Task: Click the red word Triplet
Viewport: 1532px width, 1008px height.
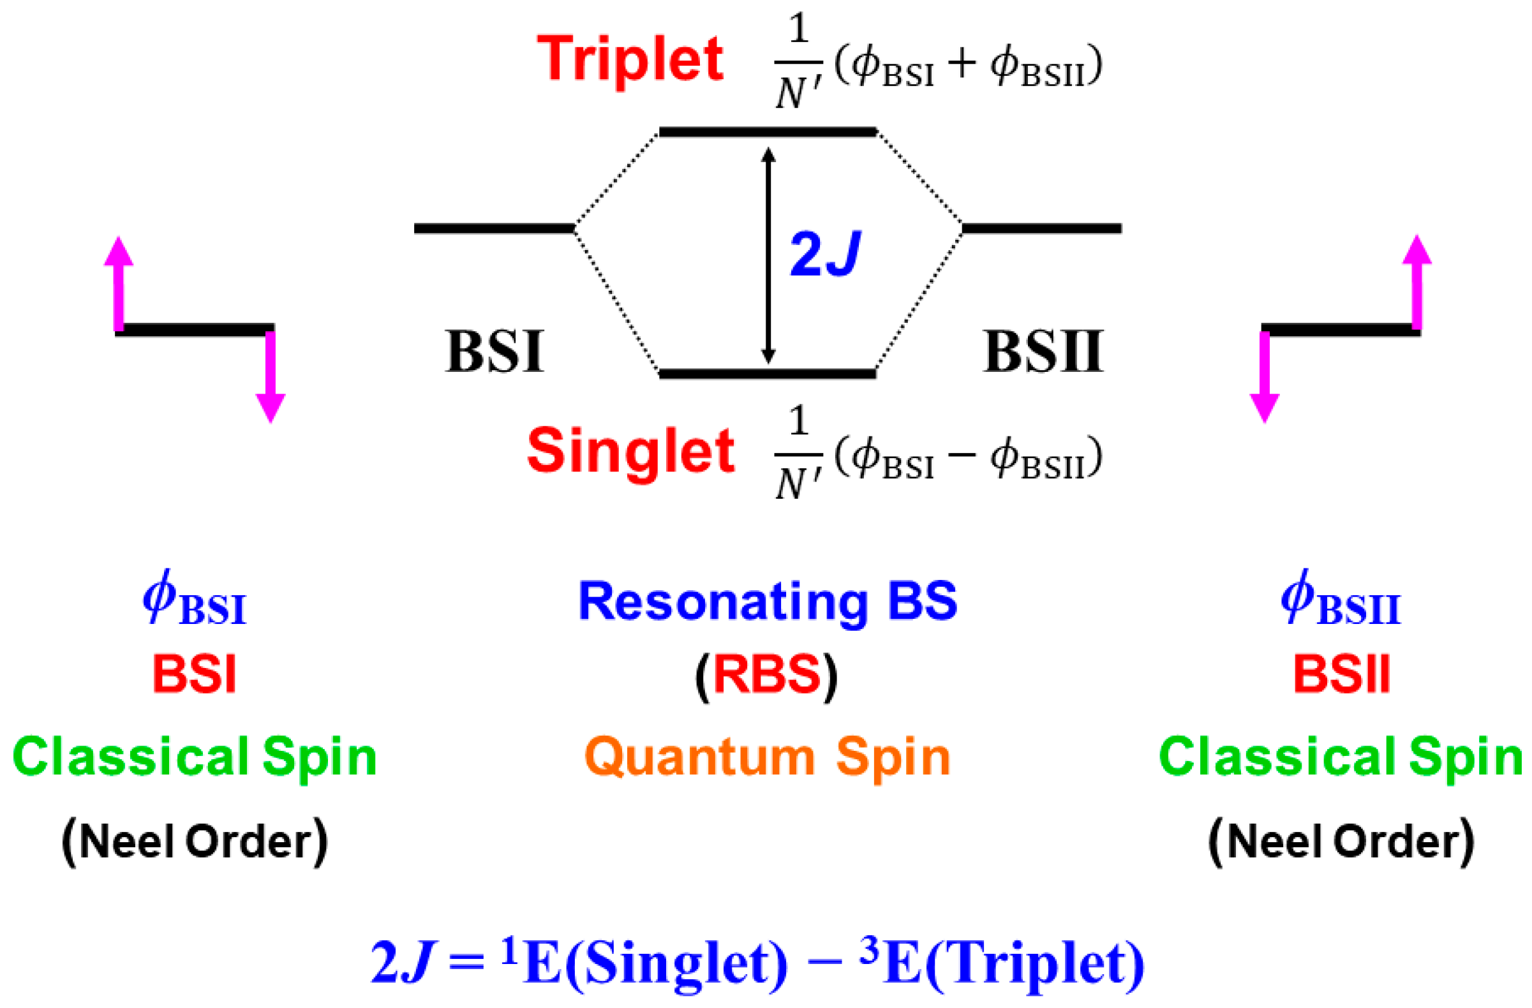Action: click(630, 60)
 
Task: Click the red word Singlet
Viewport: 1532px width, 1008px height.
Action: click(630, 451)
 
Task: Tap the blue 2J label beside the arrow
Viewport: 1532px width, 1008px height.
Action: click(824, 255)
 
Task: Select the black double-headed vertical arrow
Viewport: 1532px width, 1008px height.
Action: click(768, 255)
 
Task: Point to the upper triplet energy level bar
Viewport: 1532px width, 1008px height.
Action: click(768, 132)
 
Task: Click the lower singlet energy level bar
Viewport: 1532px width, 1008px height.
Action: click(768, 374)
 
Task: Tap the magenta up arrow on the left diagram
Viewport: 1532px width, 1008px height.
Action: click(119, 283)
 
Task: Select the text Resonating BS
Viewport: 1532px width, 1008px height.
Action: click(768, 602)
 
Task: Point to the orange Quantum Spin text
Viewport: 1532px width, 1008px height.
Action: click(768, 758)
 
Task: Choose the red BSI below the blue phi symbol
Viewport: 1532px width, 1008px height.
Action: click(195, 674)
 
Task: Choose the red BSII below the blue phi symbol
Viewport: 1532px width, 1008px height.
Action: click(1342, 674)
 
